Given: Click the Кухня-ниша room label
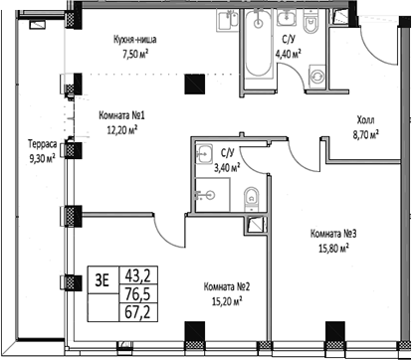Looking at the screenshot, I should [134, 40].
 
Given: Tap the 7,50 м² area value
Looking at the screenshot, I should [134, 55].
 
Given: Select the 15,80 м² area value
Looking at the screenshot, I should [330, 249].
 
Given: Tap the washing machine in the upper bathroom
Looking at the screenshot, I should [320, 76].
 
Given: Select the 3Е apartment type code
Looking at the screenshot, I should [101, 278].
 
